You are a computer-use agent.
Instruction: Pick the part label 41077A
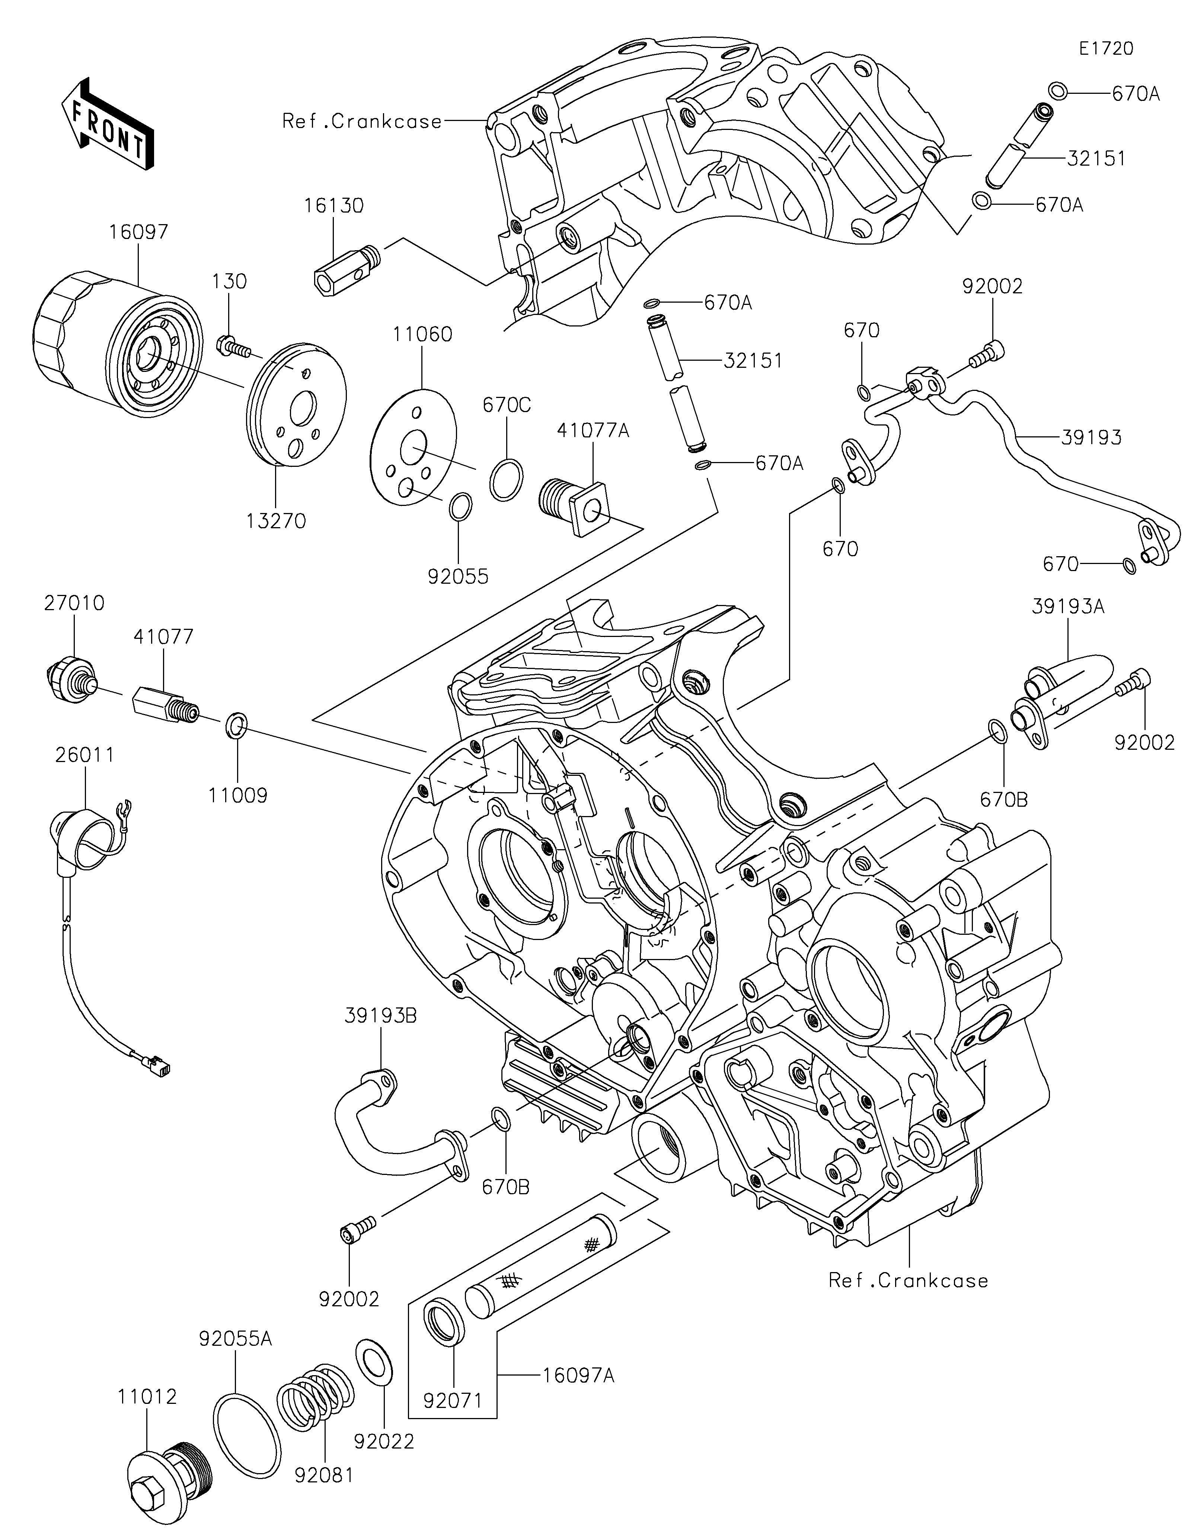point(593,430)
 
